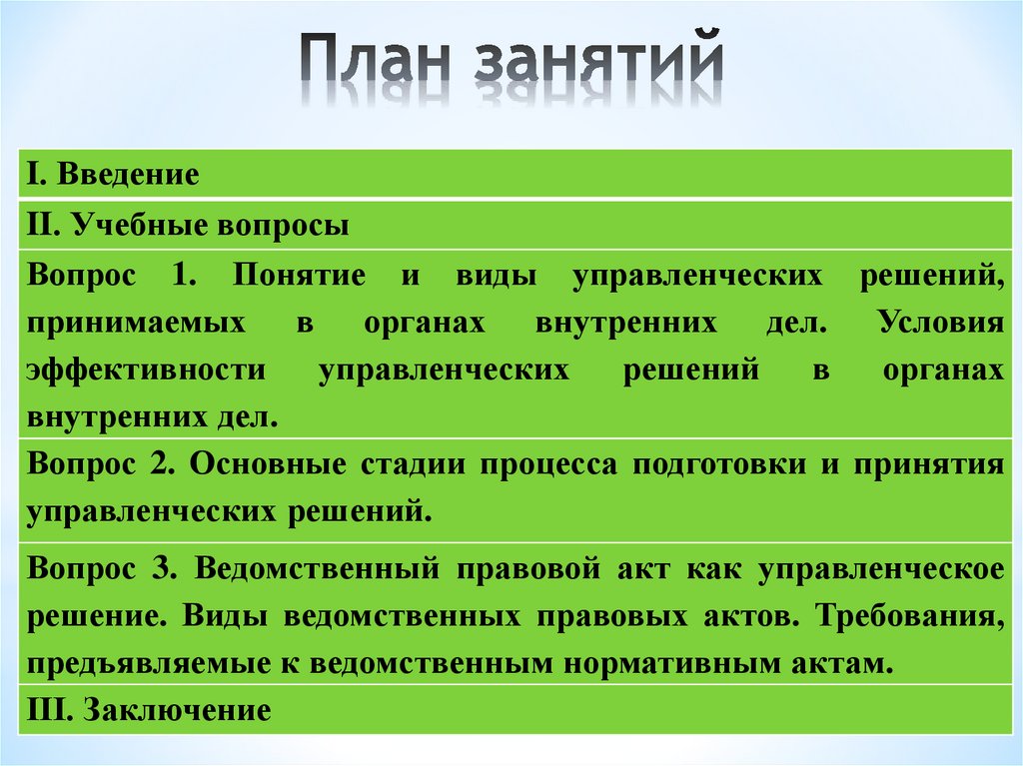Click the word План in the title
coord(377,61)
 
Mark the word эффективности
coord(146,370)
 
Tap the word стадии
coord(416,465)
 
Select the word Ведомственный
coord(318,568)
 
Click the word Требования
coord(907,615)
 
